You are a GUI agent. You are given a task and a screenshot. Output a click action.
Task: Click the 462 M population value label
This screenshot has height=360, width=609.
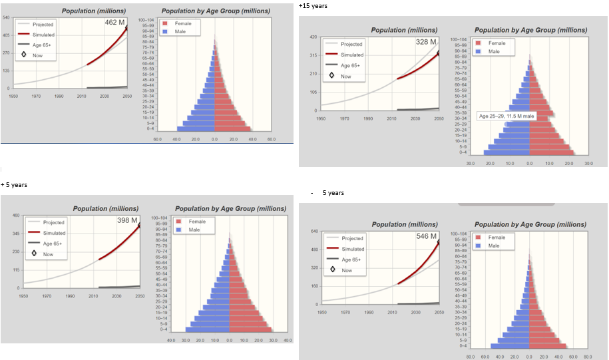(x=114, y=23)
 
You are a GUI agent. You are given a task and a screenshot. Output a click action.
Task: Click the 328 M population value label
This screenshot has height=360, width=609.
(x=425, y=42)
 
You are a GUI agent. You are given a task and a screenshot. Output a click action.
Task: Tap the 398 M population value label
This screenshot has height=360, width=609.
(x=126, y=220)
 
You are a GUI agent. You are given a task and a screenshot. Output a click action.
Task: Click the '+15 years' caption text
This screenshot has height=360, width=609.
(x=313, y=6)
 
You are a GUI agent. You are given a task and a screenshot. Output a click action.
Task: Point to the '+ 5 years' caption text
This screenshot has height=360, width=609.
(x=14, y=184)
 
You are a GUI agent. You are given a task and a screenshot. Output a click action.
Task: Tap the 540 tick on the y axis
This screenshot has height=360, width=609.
(x=6, y=17)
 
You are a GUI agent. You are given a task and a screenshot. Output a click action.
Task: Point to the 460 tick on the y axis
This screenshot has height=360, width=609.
(x=15, y=215)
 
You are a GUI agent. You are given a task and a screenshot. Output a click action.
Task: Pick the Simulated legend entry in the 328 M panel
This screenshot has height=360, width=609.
(x=352, y=55)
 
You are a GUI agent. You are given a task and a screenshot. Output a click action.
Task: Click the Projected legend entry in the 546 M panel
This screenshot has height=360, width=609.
(x=352, y=238)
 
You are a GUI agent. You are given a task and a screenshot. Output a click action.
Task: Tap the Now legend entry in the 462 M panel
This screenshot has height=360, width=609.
(x=38, y=55)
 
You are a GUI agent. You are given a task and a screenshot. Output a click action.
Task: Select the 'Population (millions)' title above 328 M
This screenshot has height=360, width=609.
(x=404, y=30)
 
